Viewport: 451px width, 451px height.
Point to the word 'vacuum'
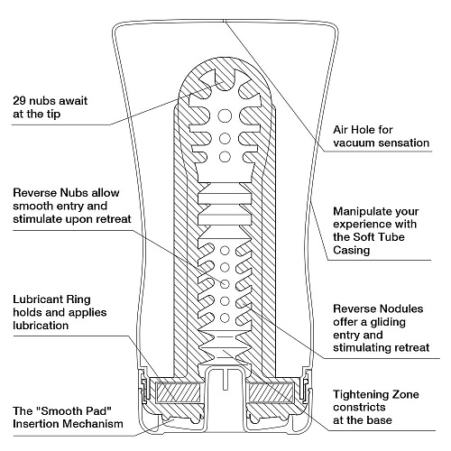point(355,143)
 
